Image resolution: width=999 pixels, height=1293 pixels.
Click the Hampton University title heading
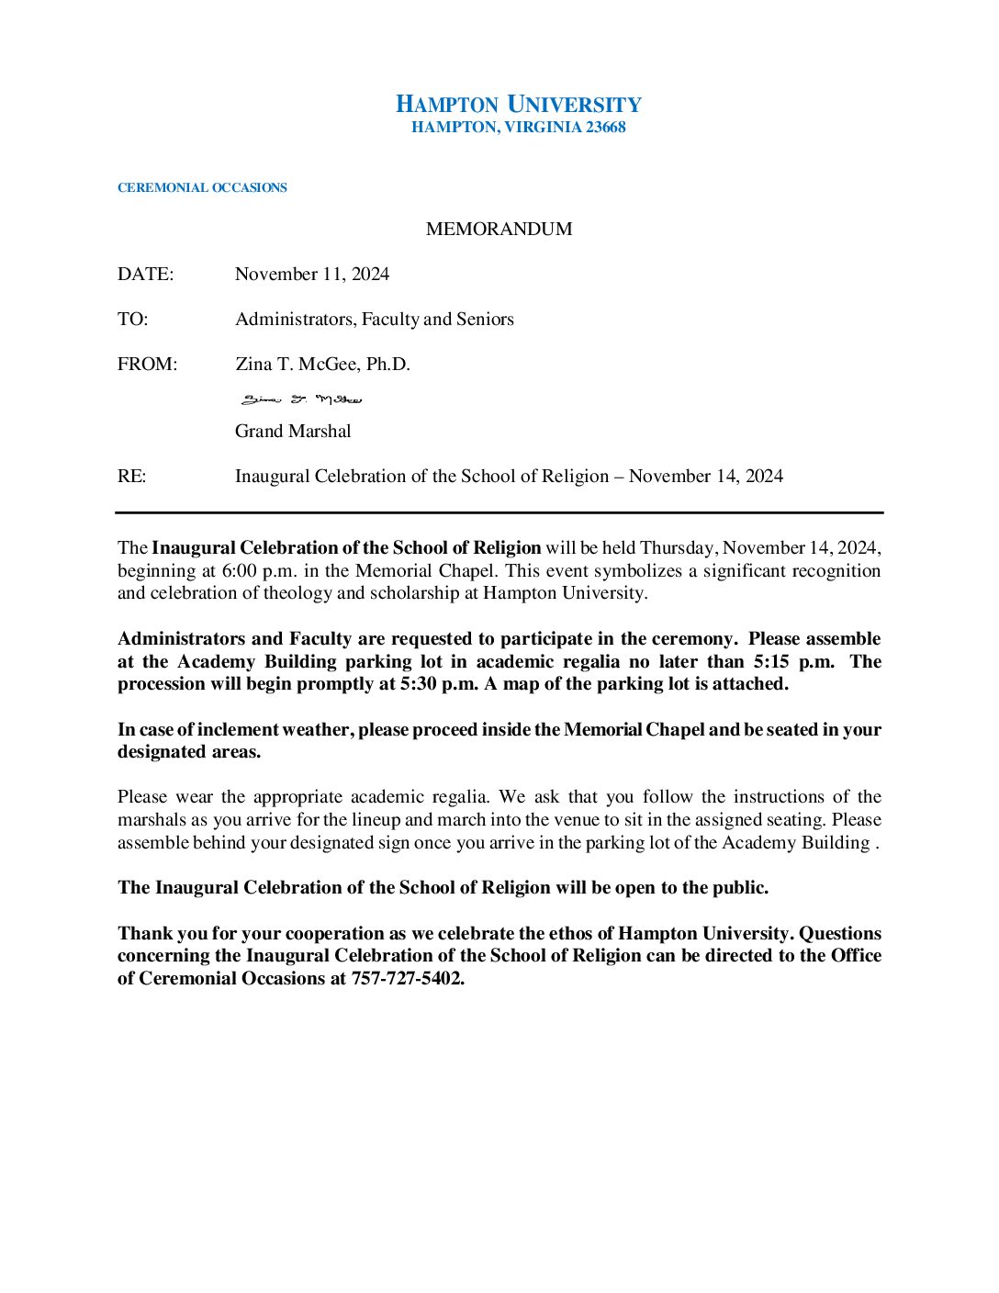point(518,105)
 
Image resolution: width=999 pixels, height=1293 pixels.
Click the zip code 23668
point(605,128)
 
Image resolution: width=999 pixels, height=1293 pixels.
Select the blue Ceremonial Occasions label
point(202,188)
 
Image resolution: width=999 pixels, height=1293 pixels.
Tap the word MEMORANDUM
point(499,229)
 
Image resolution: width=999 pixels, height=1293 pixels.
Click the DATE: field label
point(145,275)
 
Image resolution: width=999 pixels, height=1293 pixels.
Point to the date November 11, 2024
point(312,275)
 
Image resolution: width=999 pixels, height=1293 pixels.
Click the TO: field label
point(132,320)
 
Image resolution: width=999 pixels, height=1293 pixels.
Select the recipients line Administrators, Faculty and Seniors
point(374,320)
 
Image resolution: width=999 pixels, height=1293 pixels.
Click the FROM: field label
point(147,365)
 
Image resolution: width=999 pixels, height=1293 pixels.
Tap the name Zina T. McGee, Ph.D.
point(322,365)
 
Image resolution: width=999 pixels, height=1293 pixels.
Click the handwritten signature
point(301,399)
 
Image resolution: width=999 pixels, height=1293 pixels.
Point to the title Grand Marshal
point(293,432)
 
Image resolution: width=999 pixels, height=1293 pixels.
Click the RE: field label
point(131,477)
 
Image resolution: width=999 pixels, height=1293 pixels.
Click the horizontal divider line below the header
point(499,512)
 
